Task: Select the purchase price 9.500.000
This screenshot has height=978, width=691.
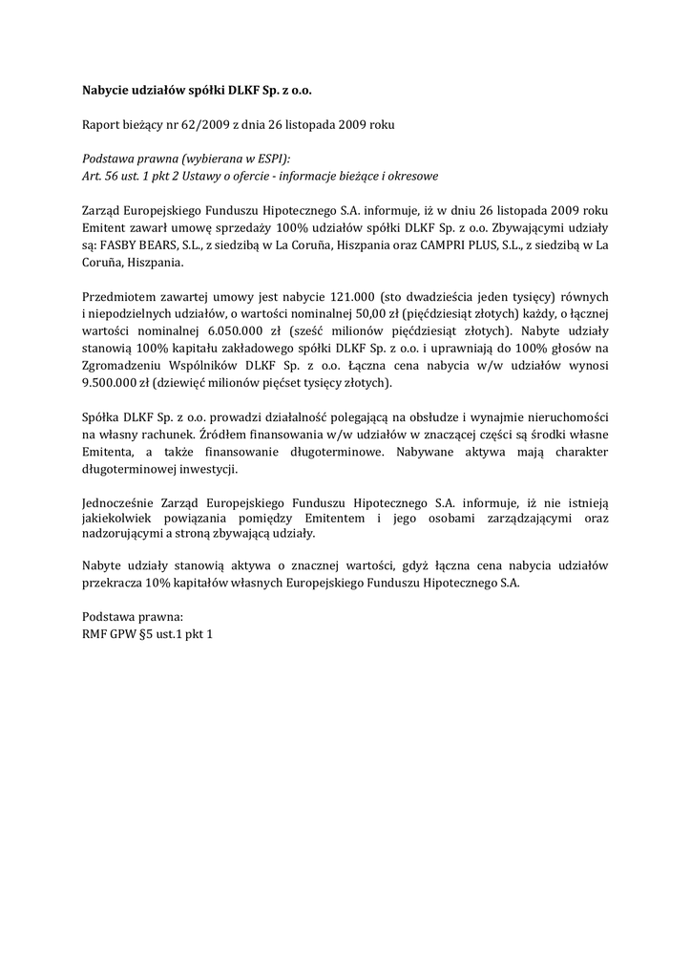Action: click(x=115, y=382)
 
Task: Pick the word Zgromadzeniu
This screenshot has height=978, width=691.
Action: click(x=120, y=365)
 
